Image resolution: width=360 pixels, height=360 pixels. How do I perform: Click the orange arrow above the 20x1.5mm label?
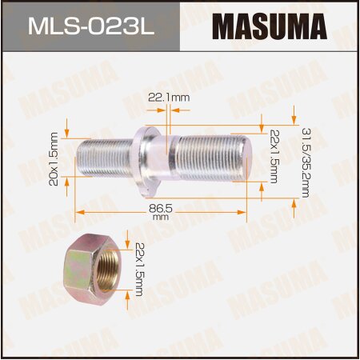pos(67,126)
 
